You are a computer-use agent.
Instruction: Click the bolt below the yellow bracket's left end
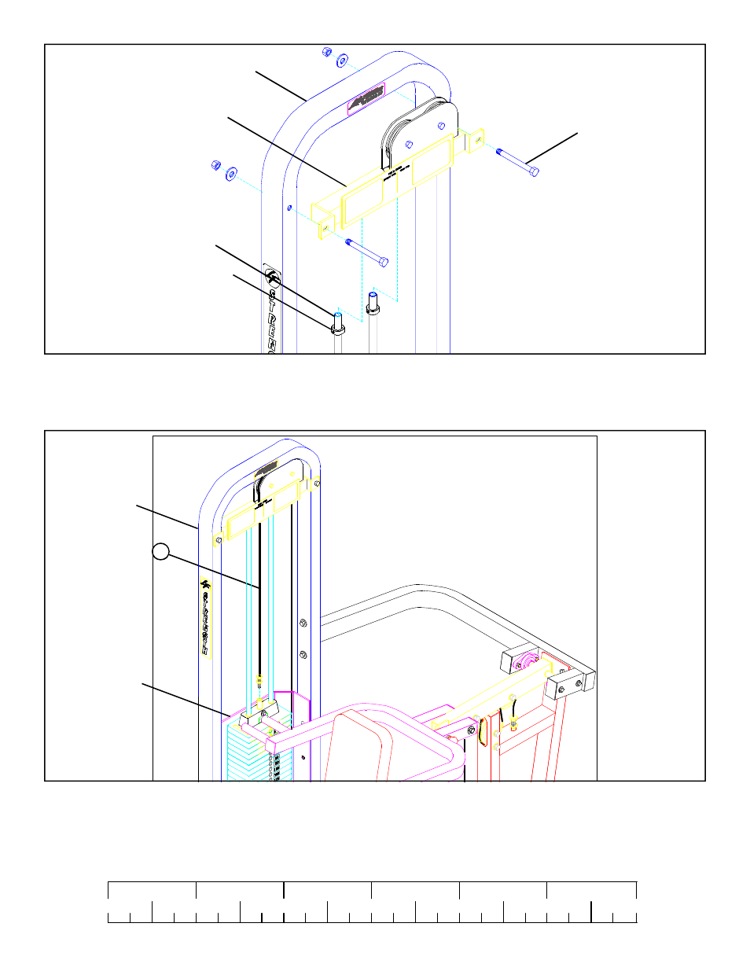coord(366,251)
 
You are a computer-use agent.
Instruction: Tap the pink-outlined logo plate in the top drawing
coord(366,99)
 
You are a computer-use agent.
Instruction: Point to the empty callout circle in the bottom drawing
coord(160,552)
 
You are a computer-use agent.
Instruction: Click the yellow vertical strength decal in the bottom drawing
coord(205,618)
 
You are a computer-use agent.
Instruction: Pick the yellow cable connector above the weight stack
coord(259,683)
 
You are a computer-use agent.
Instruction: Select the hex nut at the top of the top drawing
coord(326,52)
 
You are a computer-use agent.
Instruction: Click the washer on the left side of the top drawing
coord(231,173)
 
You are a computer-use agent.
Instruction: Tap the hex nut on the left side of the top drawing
coord(215,165)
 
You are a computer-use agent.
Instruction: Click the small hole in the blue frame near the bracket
coord(290,208)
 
